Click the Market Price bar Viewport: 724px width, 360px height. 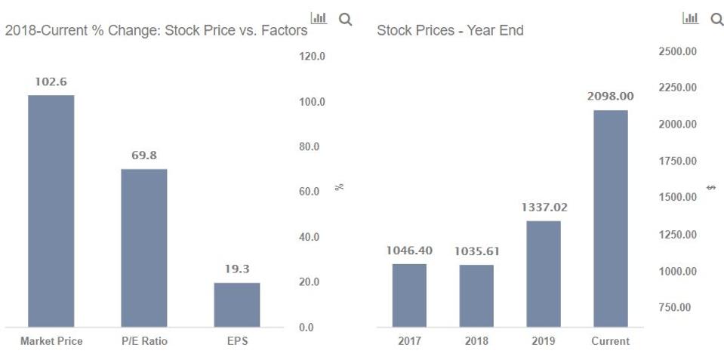click(51, 211)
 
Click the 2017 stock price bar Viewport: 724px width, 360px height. click(409, 295)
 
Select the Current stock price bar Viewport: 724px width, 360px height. click(610, 218)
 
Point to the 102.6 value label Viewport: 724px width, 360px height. click(51, 82)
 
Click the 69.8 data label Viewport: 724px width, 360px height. click(144, 155)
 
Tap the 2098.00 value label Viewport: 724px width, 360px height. click(610, 97)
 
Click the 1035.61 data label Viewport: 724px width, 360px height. click(476, 251)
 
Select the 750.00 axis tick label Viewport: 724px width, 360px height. click(676, 307)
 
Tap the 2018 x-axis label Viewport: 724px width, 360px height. click(476, 341)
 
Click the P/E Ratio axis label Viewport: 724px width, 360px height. click(144, 341)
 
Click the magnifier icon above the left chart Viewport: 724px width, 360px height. click(345, 18)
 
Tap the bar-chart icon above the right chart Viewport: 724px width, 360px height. click(690, 18)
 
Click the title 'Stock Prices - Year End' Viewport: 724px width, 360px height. click(450, 31)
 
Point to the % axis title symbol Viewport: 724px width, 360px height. click(340, 186)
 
